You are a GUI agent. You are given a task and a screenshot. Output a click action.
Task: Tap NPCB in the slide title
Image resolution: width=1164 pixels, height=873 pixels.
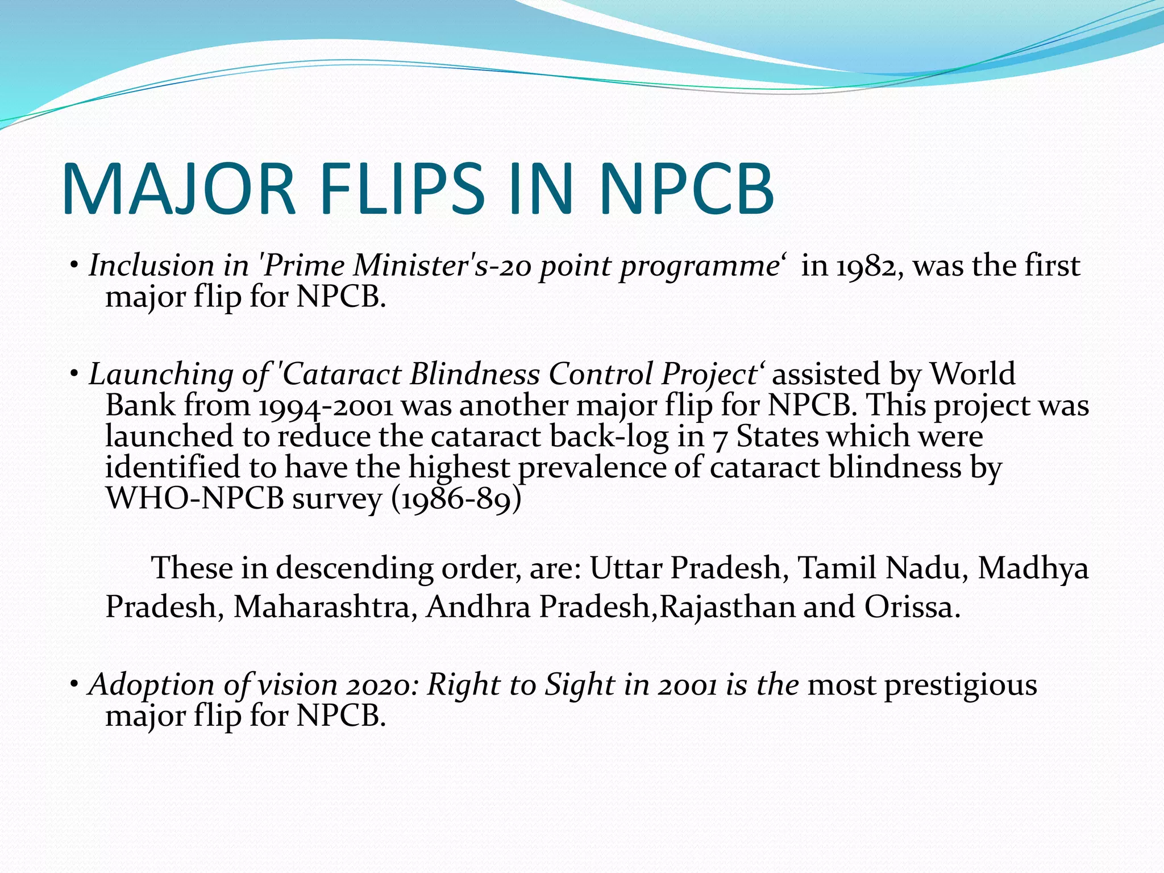686,189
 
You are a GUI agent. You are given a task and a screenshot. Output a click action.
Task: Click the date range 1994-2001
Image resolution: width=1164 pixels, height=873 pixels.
326,406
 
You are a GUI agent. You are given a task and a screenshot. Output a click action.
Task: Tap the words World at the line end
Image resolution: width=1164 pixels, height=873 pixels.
972,375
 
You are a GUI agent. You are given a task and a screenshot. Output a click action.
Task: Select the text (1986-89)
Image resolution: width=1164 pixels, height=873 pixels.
456,499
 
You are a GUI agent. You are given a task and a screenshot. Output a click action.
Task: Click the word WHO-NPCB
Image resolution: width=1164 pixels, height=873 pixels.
195,499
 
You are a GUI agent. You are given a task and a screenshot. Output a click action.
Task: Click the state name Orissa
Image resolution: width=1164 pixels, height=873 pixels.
912,606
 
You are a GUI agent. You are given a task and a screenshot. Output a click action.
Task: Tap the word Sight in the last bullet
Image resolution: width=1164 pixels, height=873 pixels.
579,685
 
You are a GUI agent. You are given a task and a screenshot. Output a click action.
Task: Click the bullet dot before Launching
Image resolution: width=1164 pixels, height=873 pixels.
74,374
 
